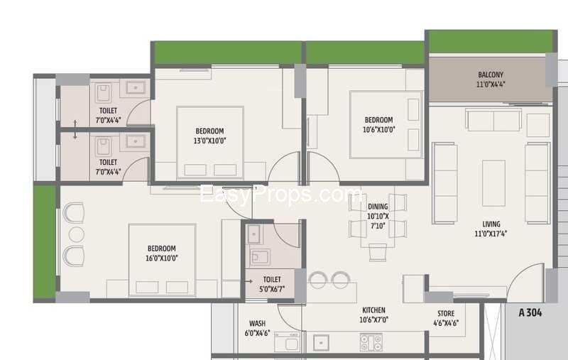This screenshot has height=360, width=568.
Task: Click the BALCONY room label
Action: (x=491, y=75)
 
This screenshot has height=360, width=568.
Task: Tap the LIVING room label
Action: (x=491, y=224)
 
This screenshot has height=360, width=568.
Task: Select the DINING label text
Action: (x=378, y=207)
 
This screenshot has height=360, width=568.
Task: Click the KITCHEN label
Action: (x=374, y=310)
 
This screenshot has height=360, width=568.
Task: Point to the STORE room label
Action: (x=446, y=313)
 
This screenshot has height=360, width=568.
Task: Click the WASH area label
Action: (x=257, y=323)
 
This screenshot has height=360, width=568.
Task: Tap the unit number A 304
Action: (x=530, y=312)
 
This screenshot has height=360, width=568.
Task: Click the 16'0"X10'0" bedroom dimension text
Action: (x=162, y=258)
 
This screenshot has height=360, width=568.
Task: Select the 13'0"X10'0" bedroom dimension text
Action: (x=209, y=141)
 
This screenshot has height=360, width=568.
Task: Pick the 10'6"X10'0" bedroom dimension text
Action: (x=379, y=129)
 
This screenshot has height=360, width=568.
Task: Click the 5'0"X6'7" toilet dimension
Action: (x=272, y=289)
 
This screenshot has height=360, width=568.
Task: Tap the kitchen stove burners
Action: (x=371, y=342)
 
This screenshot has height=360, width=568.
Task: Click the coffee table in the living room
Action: (x=493, y=183)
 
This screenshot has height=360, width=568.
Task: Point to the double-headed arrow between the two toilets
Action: (x=75, y=130)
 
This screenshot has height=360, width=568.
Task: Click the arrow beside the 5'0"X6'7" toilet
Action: (x=249, y=281)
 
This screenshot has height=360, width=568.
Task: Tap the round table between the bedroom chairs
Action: (x=76, y=234)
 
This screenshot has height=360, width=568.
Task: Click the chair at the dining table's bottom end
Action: (x=378, y=253)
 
